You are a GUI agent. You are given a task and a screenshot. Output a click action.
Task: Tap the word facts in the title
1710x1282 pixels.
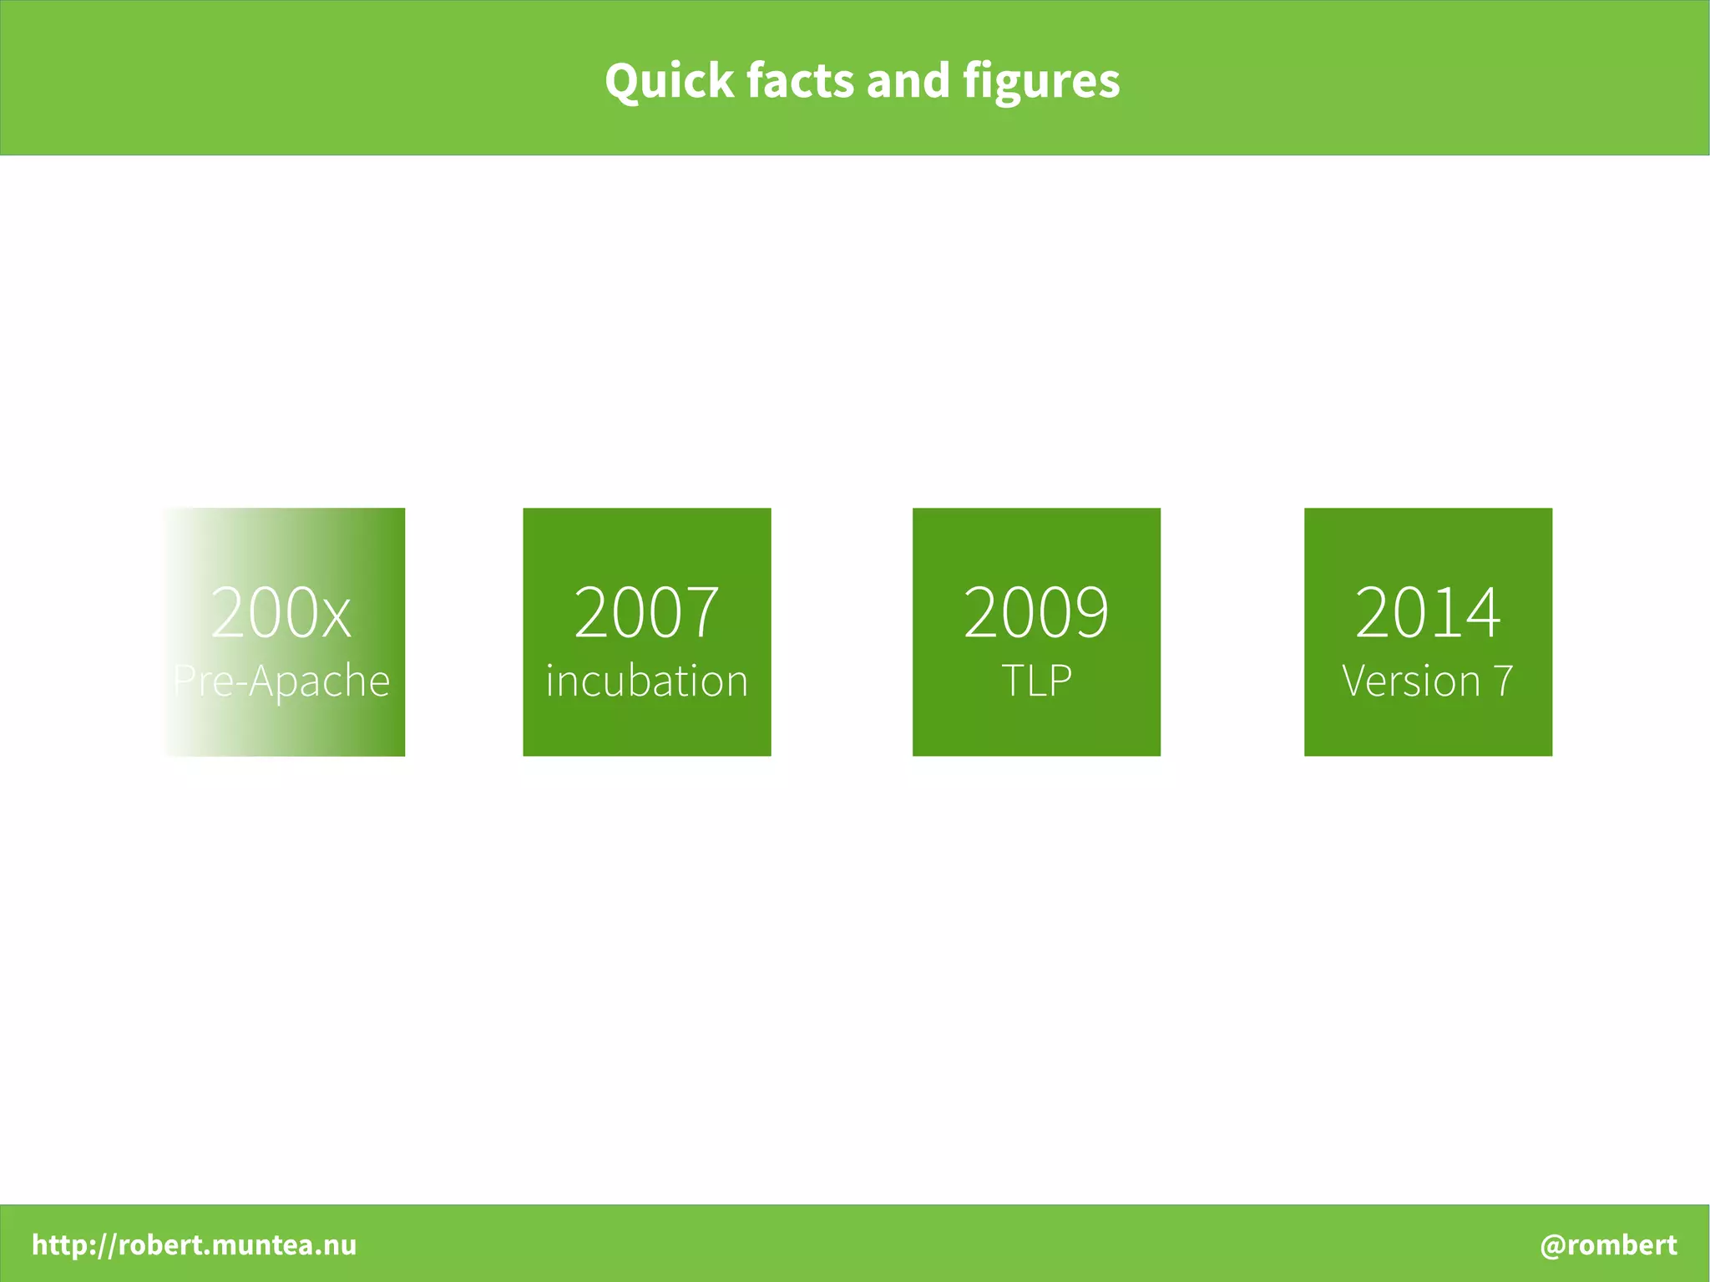pyautogui.click(x=801, y=81)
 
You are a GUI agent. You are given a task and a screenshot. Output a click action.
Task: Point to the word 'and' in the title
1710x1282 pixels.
pyautogui.click(x=909, y=81)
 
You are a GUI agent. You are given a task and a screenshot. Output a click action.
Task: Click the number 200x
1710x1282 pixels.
pyautogui.click(x=281, y=612)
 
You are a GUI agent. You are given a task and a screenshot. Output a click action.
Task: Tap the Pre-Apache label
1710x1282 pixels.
pyautogui.click(x=281, y=682)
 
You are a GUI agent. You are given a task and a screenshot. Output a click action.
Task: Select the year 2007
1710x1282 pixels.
pyautogui.click(x=646, y=612)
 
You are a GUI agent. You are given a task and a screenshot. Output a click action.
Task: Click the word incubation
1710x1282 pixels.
pyautogui.click(x=646, y=682)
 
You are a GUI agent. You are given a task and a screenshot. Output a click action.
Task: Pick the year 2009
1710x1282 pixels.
pyautogui.click(x=1036, y=612)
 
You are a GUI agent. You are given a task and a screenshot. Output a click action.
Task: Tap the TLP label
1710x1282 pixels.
pyautogui.click(x=1036, y=682)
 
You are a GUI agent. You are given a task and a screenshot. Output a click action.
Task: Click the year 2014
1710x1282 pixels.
pyautogui.click(x=1428, y=612)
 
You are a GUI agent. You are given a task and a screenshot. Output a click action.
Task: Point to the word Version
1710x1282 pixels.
pyautogui.click(x=1410, y=682)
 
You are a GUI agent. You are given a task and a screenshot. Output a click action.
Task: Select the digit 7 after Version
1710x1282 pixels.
pyautogui.click(x=1503, y=682)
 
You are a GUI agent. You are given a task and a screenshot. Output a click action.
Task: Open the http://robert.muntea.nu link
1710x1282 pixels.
pyautogui.click(x=194, y=1244)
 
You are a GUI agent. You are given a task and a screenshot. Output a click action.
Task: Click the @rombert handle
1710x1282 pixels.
pyautogui.click(x=1608, y=1244)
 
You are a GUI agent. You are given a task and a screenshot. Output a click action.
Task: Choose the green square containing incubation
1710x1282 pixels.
pyautogui.click(x=646, y=543)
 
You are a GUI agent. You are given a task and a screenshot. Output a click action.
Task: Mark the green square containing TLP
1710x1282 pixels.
pyautogui.click(x=1036, y=543)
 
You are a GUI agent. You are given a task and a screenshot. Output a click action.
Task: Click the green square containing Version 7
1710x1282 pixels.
pyautogui.click(x=1428, y=543)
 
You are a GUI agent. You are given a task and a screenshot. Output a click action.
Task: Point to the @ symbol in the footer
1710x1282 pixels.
pyautogui.click(x=1552, y=1245)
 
